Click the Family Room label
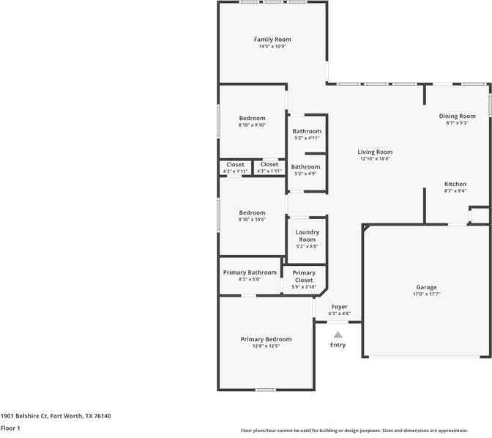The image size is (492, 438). [272, 40]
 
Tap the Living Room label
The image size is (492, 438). [375, 152]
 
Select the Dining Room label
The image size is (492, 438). [457, 116]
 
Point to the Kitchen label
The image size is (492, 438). [455, 185]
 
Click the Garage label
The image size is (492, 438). [426, 287]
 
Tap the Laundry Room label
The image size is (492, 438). [307, 236]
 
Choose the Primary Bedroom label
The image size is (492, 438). [266, 339]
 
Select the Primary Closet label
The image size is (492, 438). [304, 276]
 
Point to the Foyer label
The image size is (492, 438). [340, 307]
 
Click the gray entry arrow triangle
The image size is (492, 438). [338, 334]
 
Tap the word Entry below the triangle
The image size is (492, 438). [338, 345]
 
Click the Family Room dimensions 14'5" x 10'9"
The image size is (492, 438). [272, 47]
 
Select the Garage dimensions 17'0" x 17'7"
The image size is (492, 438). [426, 294]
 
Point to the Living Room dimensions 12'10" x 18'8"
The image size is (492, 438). [375, 159]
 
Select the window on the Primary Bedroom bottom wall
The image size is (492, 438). [266, 390]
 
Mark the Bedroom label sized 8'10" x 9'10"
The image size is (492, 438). [252, 118]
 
